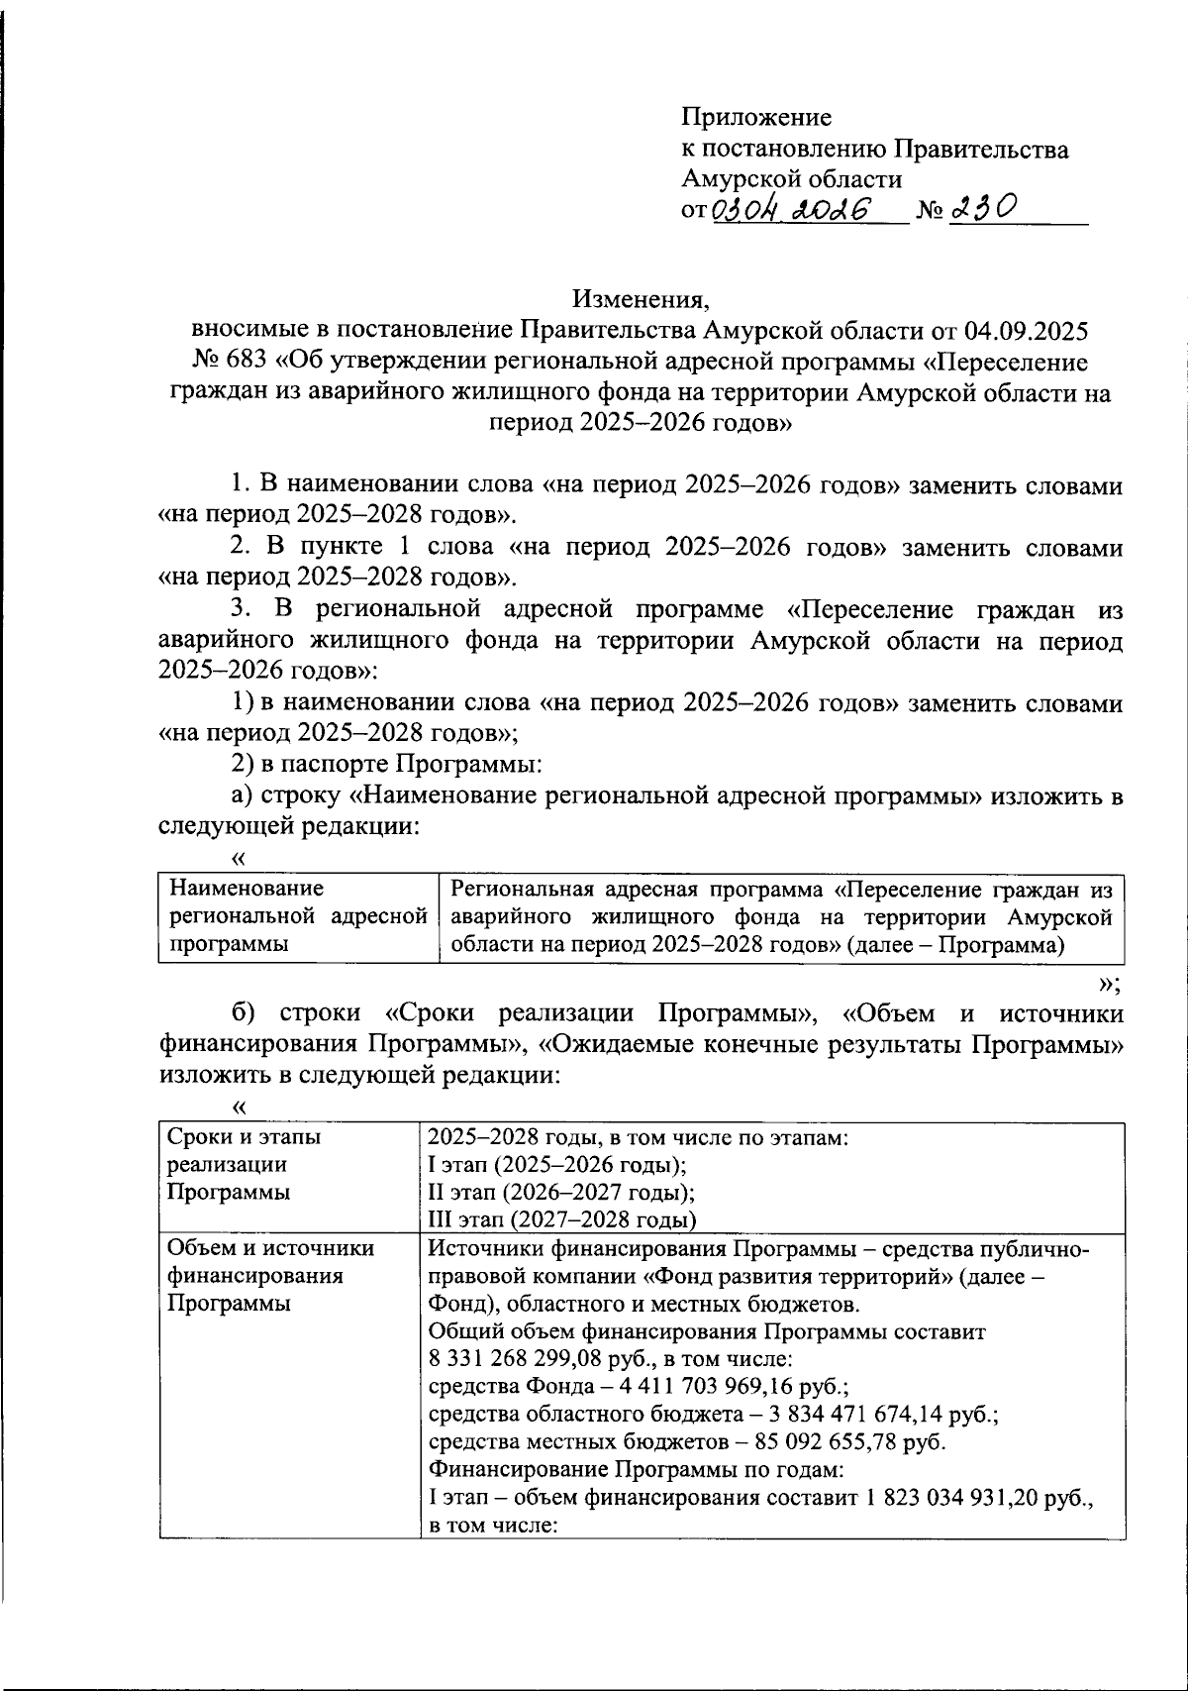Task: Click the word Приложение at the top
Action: coord(756,118)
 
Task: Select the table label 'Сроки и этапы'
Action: coord(245,1137)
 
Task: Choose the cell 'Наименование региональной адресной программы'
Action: coord(298,916)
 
